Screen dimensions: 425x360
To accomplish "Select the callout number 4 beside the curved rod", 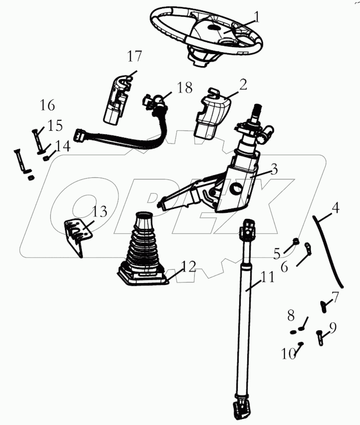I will click(336, 208).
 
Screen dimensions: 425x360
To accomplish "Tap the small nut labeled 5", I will click(295, 241).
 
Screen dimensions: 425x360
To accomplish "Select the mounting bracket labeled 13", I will click(78, 237).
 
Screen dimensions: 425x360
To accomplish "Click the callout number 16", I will click(47, 105).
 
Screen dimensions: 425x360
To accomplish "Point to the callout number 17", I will click(135, 56).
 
